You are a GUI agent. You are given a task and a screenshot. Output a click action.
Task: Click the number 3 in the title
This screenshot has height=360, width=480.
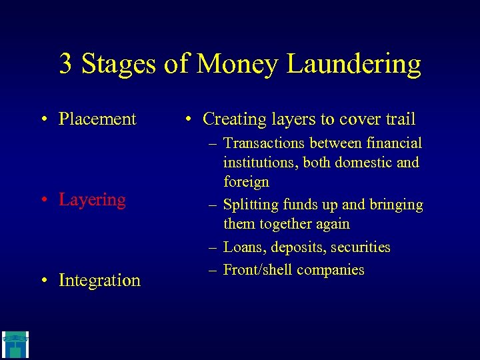point(66,64)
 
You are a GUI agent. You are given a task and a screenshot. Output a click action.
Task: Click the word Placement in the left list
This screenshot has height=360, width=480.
point(97,119)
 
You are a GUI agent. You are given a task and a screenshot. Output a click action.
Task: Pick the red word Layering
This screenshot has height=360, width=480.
point(92,200)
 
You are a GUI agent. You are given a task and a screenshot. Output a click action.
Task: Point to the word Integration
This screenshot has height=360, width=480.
point(99,281)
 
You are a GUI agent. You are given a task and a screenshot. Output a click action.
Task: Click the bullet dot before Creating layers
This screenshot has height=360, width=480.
point(189,120)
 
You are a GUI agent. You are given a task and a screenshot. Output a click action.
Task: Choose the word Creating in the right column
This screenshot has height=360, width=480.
point(235,119)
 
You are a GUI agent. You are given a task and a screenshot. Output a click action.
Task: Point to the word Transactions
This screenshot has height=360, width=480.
point(269,143)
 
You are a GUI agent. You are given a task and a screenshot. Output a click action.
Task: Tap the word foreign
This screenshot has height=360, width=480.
point(246,182)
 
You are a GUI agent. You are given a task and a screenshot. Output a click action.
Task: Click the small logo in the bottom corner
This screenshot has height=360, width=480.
point(14,345)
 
